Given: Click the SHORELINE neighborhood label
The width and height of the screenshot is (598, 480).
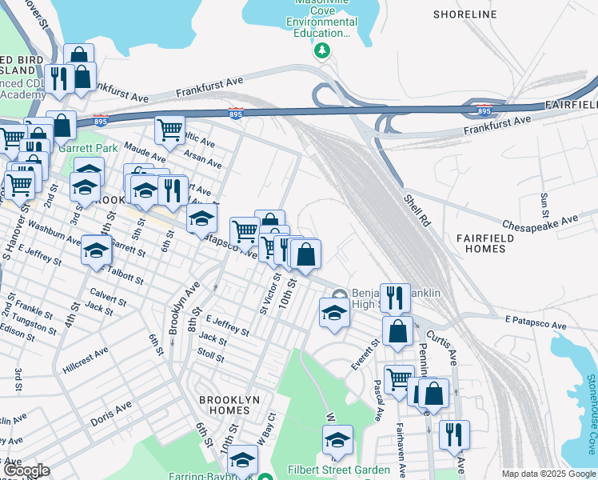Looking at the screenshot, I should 464,14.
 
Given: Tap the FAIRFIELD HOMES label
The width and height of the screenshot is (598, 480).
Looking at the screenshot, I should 489,246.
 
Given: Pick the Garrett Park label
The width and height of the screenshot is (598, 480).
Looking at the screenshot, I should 90,148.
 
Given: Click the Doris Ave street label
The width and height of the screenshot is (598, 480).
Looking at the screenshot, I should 110,414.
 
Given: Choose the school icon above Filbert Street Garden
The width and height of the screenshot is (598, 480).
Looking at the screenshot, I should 337,439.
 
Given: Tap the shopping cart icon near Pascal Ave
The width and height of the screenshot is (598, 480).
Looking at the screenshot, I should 399,378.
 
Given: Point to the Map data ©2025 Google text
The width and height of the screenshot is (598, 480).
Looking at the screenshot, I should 548,474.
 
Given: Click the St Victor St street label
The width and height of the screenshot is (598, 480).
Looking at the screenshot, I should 267,294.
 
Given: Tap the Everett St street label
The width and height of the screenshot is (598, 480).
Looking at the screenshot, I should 365,354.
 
